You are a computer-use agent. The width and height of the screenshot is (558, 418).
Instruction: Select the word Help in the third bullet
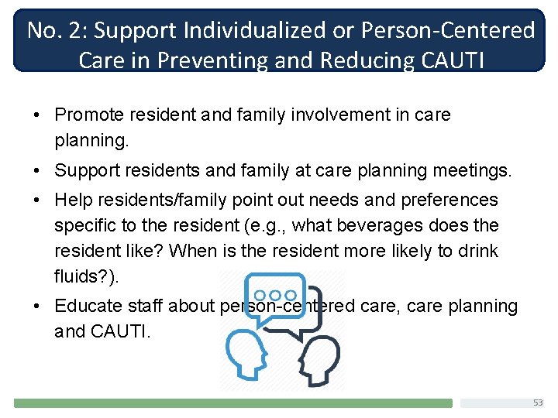tap(72, 200)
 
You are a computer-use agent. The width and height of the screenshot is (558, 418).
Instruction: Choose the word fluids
tap(74, 276)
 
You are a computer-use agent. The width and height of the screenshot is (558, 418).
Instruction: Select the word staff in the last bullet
tap(146, 307)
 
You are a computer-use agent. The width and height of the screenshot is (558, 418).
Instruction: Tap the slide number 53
tap(538, 403)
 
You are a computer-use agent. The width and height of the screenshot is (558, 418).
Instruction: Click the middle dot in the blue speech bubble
tap(276, 295)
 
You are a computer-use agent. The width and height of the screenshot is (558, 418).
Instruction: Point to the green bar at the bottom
tap(232, 403)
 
